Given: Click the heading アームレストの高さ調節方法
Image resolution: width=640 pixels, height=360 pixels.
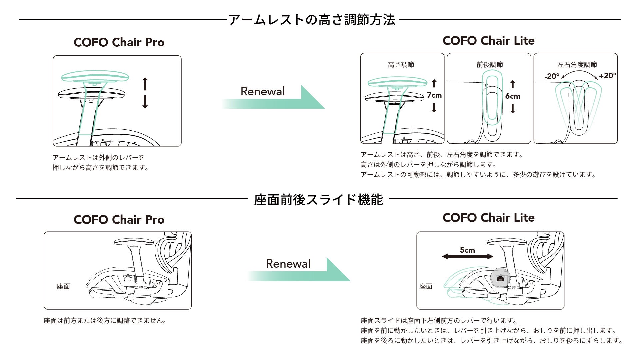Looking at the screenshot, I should pos(312,20).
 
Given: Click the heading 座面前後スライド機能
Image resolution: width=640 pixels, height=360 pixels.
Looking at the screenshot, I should pos(318,200).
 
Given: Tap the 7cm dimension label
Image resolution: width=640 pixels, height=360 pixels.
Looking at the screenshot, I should pos(434,95).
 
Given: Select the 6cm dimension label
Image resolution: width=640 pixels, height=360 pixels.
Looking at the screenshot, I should pos(512,96).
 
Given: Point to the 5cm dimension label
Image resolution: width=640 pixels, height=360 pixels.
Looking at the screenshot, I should pos(467,250).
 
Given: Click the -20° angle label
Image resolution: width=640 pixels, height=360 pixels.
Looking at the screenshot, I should pos(552,76).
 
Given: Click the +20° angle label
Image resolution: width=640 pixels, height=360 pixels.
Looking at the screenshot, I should pos(607,76).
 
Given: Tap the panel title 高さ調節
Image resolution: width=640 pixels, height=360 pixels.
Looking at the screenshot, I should pos(401,65).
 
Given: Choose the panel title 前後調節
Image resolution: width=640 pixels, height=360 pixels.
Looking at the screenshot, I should pos(490,65).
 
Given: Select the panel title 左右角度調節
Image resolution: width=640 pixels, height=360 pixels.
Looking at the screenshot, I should pos(577,65).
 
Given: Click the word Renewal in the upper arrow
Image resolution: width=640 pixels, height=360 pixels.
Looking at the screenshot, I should pos(263,91).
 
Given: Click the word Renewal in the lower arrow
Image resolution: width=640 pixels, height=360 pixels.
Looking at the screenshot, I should pos(288,264).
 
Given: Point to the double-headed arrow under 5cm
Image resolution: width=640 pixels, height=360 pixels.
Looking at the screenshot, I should pos(467,256).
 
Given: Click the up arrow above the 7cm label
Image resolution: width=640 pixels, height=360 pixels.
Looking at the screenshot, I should pos(434,83).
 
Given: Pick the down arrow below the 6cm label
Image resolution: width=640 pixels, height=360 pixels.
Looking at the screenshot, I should pos(513,109).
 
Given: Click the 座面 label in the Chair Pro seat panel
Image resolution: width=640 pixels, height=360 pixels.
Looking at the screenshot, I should pos(63,286).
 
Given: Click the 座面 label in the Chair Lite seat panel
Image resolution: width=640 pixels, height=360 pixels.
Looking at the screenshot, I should pos(426,286).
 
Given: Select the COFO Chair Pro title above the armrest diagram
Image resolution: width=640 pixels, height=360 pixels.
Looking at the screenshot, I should pos(119,42).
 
